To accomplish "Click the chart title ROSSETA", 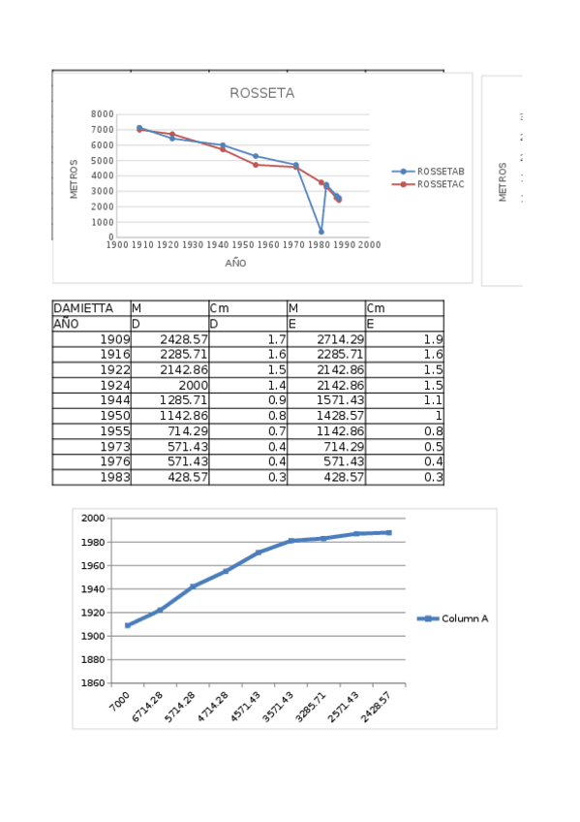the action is pyautogui.click(x=261, y=94).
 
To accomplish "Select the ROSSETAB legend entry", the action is pyautogui.click(x=440, y=171).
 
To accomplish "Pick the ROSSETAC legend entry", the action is pyautogui.click(x=440, y=183).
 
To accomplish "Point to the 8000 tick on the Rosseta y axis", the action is pyautogui.click(x=103, y=114).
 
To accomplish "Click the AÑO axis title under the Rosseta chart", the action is pyautogui.click(x=236, y=263).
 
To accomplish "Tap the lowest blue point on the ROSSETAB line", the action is pyautogui.click(x=321, y=232).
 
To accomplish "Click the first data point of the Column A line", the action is pyautogui.click(x=128, y=625).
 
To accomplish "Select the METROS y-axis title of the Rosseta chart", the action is pyautogui.click(x=75, y=179).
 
